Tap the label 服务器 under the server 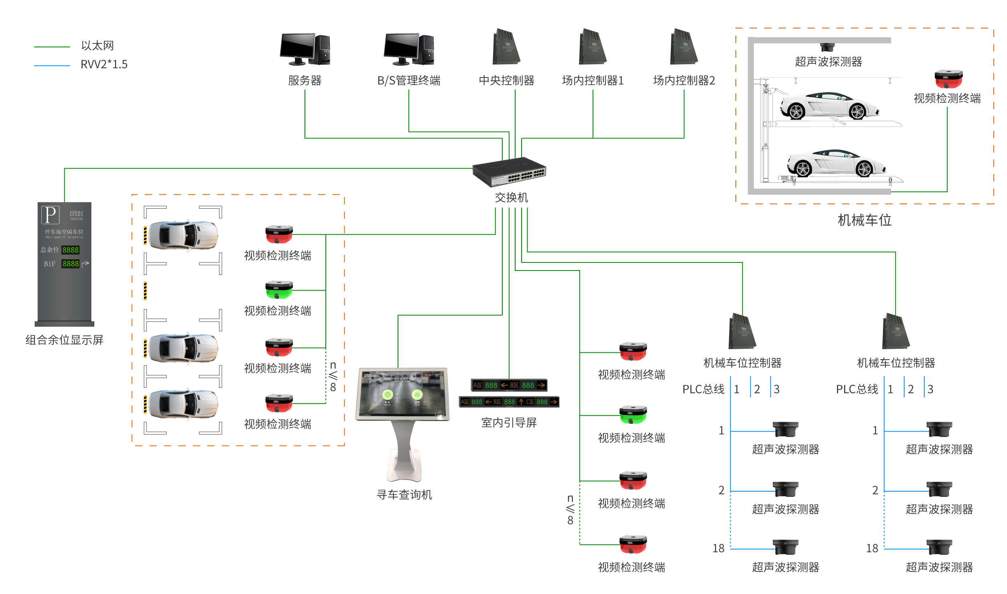[x=305, y=81]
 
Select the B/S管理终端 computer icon [x=408, y=49]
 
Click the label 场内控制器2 [x=684, y=81]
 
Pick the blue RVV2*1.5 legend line [x=52, y=65]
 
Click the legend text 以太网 [x=97, y=46]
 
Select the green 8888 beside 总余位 [x=71, y=250]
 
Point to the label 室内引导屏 [x=509, y=423]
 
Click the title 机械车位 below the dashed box [x=865, y=220]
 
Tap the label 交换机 [x=511, y=197]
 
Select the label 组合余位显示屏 [x=65, y=340]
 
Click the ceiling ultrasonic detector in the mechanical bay [x=827, y=47]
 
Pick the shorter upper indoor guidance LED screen [x=509, y=385]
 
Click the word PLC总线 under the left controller [x=703, y=389]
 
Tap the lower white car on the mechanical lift [x=836, y=163]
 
